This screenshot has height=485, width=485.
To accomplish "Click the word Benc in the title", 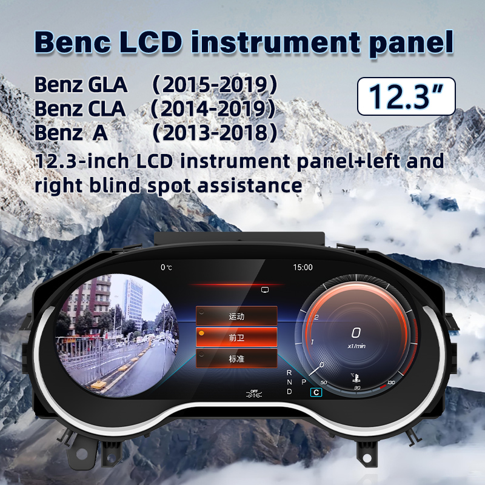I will pos(72,41).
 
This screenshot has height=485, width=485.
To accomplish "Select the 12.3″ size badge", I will pos(406,96).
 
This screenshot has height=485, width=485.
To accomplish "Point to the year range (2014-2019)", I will pos(213,109).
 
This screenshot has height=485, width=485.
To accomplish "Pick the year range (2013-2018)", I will pos(214,132).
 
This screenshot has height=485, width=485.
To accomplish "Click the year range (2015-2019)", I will pos(214,85).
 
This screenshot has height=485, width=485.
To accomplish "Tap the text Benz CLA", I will pos(80,109).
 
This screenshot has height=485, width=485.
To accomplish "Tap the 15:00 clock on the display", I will pos(303,267).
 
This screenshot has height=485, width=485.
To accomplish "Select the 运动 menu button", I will pos(236,316).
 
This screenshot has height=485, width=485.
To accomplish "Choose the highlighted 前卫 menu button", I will pos(236,337).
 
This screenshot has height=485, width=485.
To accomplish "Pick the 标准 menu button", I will pos(236,358).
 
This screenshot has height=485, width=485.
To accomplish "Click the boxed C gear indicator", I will pos(315,392).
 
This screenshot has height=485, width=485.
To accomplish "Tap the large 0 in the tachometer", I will pos(356,332).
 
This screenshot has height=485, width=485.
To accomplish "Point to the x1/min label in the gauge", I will pos(356,346).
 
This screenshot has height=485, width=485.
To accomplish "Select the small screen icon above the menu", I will pos(264,290).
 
